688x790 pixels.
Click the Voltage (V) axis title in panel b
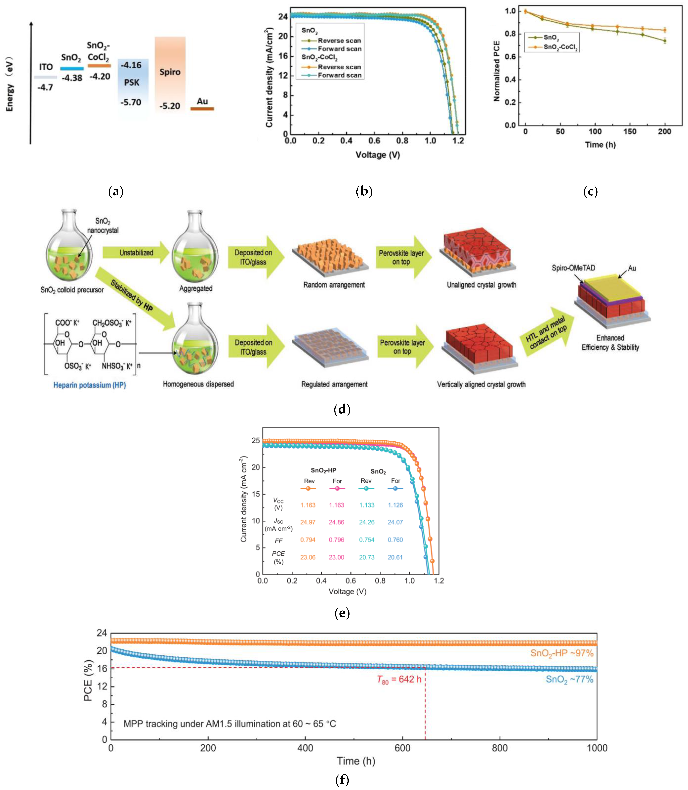point(377,155)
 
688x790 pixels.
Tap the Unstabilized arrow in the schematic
point(136,253)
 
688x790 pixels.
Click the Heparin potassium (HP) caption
point(90,385)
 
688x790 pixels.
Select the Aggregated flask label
point(196,288)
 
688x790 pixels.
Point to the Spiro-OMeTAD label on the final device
point(573,268)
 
